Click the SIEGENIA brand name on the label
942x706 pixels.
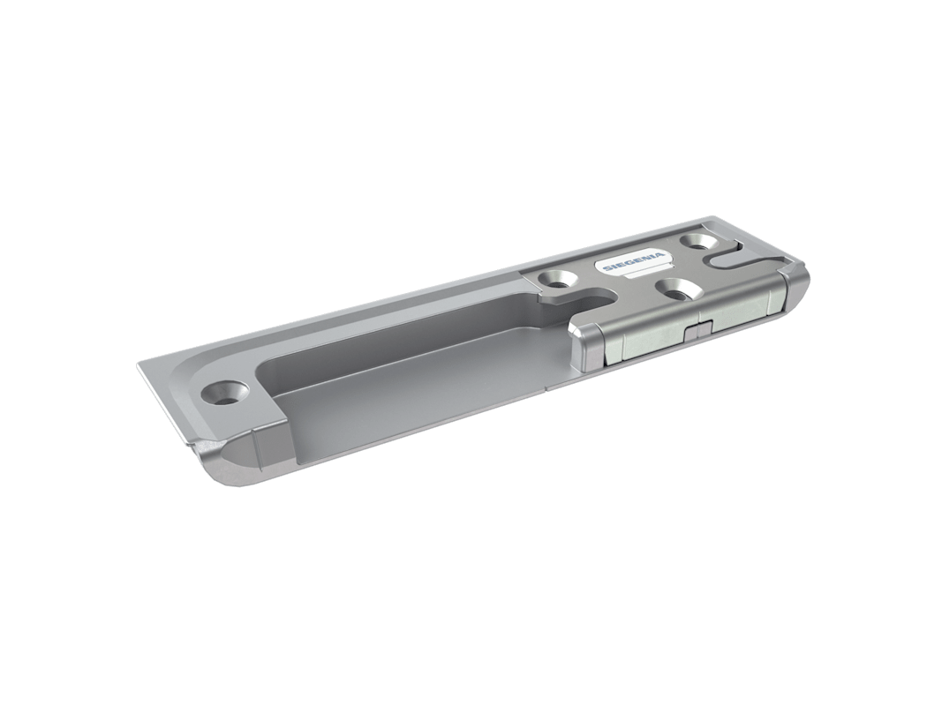click(x=635, y=262)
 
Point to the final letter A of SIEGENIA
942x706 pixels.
click(x=661, y=256)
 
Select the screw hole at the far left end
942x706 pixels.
click(x=225, y=394)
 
